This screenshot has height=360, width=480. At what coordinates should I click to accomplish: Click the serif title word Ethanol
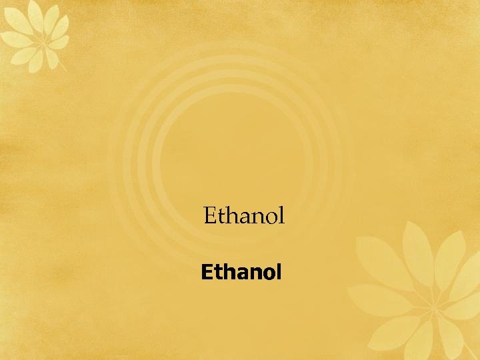point(244,216)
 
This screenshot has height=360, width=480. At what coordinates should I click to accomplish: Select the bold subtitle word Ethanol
point(241,273)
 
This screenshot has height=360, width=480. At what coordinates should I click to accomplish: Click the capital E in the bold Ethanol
point(207,273)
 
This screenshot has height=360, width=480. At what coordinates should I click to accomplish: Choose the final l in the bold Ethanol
point(278,273)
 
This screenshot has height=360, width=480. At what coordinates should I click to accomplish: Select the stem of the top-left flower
point(58,61)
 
